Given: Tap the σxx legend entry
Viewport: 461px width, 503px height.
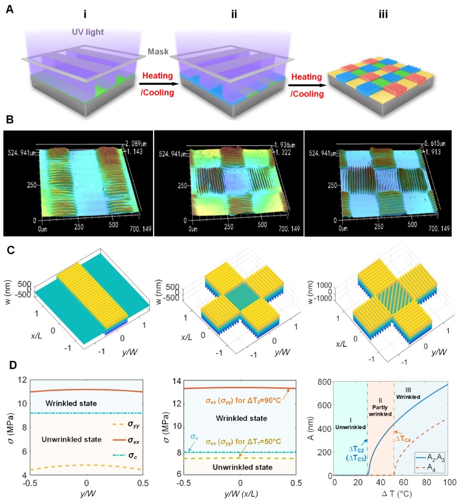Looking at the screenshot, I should click(x=126, y=439).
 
